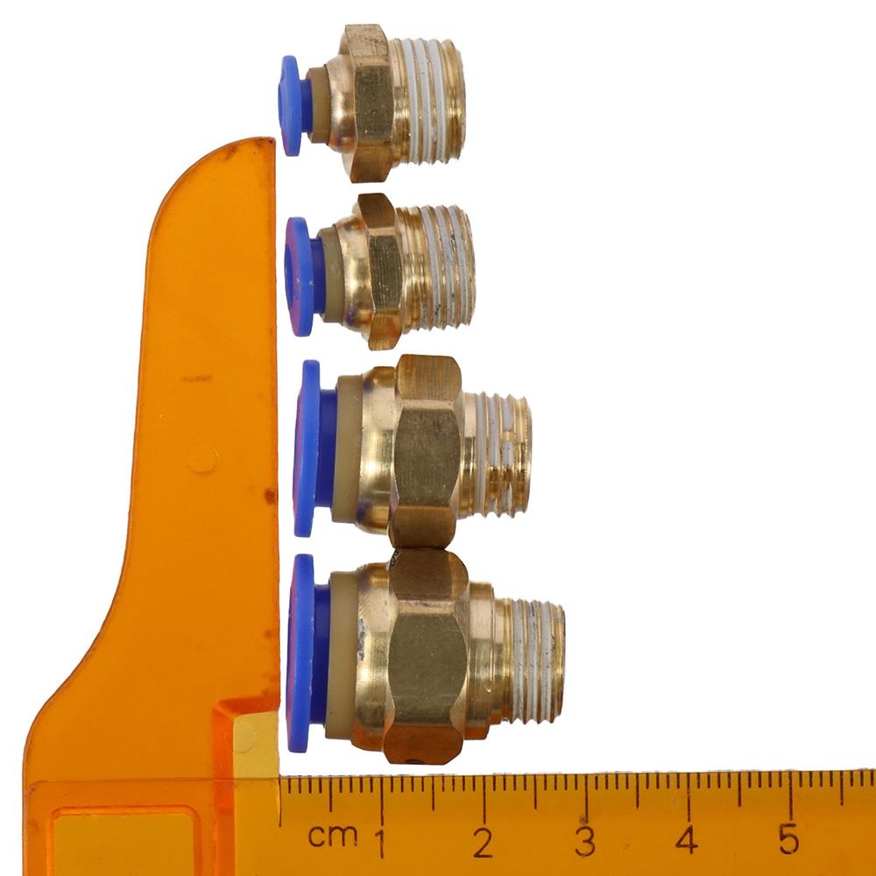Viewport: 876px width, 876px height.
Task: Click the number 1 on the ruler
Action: pyautogui.click(x=380, y=842)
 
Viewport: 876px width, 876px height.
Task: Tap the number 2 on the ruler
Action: pyautogui.click(x=484, y=842)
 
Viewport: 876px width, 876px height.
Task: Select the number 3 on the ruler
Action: pyautogui.click(x=585, y=841)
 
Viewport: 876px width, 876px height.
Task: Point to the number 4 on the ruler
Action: pyautogui.click(x=687, y=839)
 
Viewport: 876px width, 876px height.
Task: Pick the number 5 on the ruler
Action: pyautogui.click(x=788, y=838)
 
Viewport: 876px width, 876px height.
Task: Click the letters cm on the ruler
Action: pyautogui.click(x=333, y=836)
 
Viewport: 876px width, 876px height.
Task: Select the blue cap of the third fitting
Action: pyautogui.click(x=313, y=449)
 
